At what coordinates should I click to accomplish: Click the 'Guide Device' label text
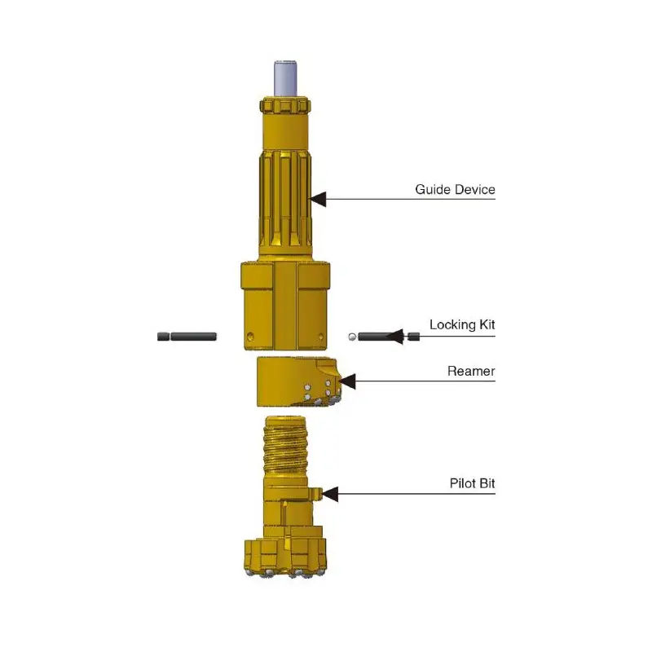point(455,190)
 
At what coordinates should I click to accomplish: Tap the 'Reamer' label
point(471,372)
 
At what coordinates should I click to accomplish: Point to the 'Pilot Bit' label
point(472,483)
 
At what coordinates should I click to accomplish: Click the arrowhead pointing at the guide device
point(318,198)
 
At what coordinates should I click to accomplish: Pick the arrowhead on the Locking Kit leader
point(397,335)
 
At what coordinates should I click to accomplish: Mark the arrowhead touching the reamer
point(348,381)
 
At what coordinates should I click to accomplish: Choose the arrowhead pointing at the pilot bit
point(329,493)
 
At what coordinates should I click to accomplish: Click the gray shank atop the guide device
point(285,79)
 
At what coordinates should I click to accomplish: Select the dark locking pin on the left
point(187,336)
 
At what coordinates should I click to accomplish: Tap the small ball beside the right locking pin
point(351,335)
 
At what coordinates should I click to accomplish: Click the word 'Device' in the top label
point(477,190)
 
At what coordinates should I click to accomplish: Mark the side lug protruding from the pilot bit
point(314,493)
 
